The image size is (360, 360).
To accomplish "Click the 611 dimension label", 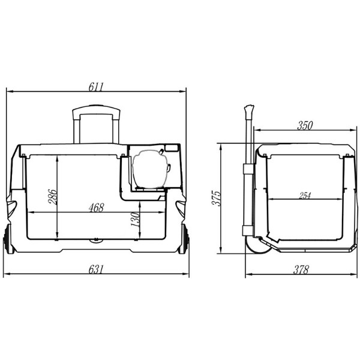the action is tap(96, 87).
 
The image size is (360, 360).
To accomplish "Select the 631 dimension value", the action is tap(96, 269).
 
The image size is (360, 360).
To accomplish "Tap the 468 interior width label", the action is tap(97, 208).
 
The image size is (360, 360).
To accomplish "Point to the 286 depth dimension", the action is tap(52, 197).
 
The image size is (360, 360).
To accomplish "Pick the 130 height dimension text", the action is tap(135, 219).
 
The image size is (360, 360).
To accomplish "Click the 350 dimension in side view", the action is tap(305, 125).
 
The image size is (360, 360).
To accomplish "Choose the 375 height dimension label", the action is tap(216, 198).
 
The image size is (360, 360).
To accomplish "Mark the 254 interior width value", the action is tap(305, 196).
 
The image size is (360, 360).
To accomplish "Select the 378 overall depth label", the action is tap(301, 270).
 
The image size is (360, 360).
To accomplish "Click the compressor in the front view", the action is tap(150, 169).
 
